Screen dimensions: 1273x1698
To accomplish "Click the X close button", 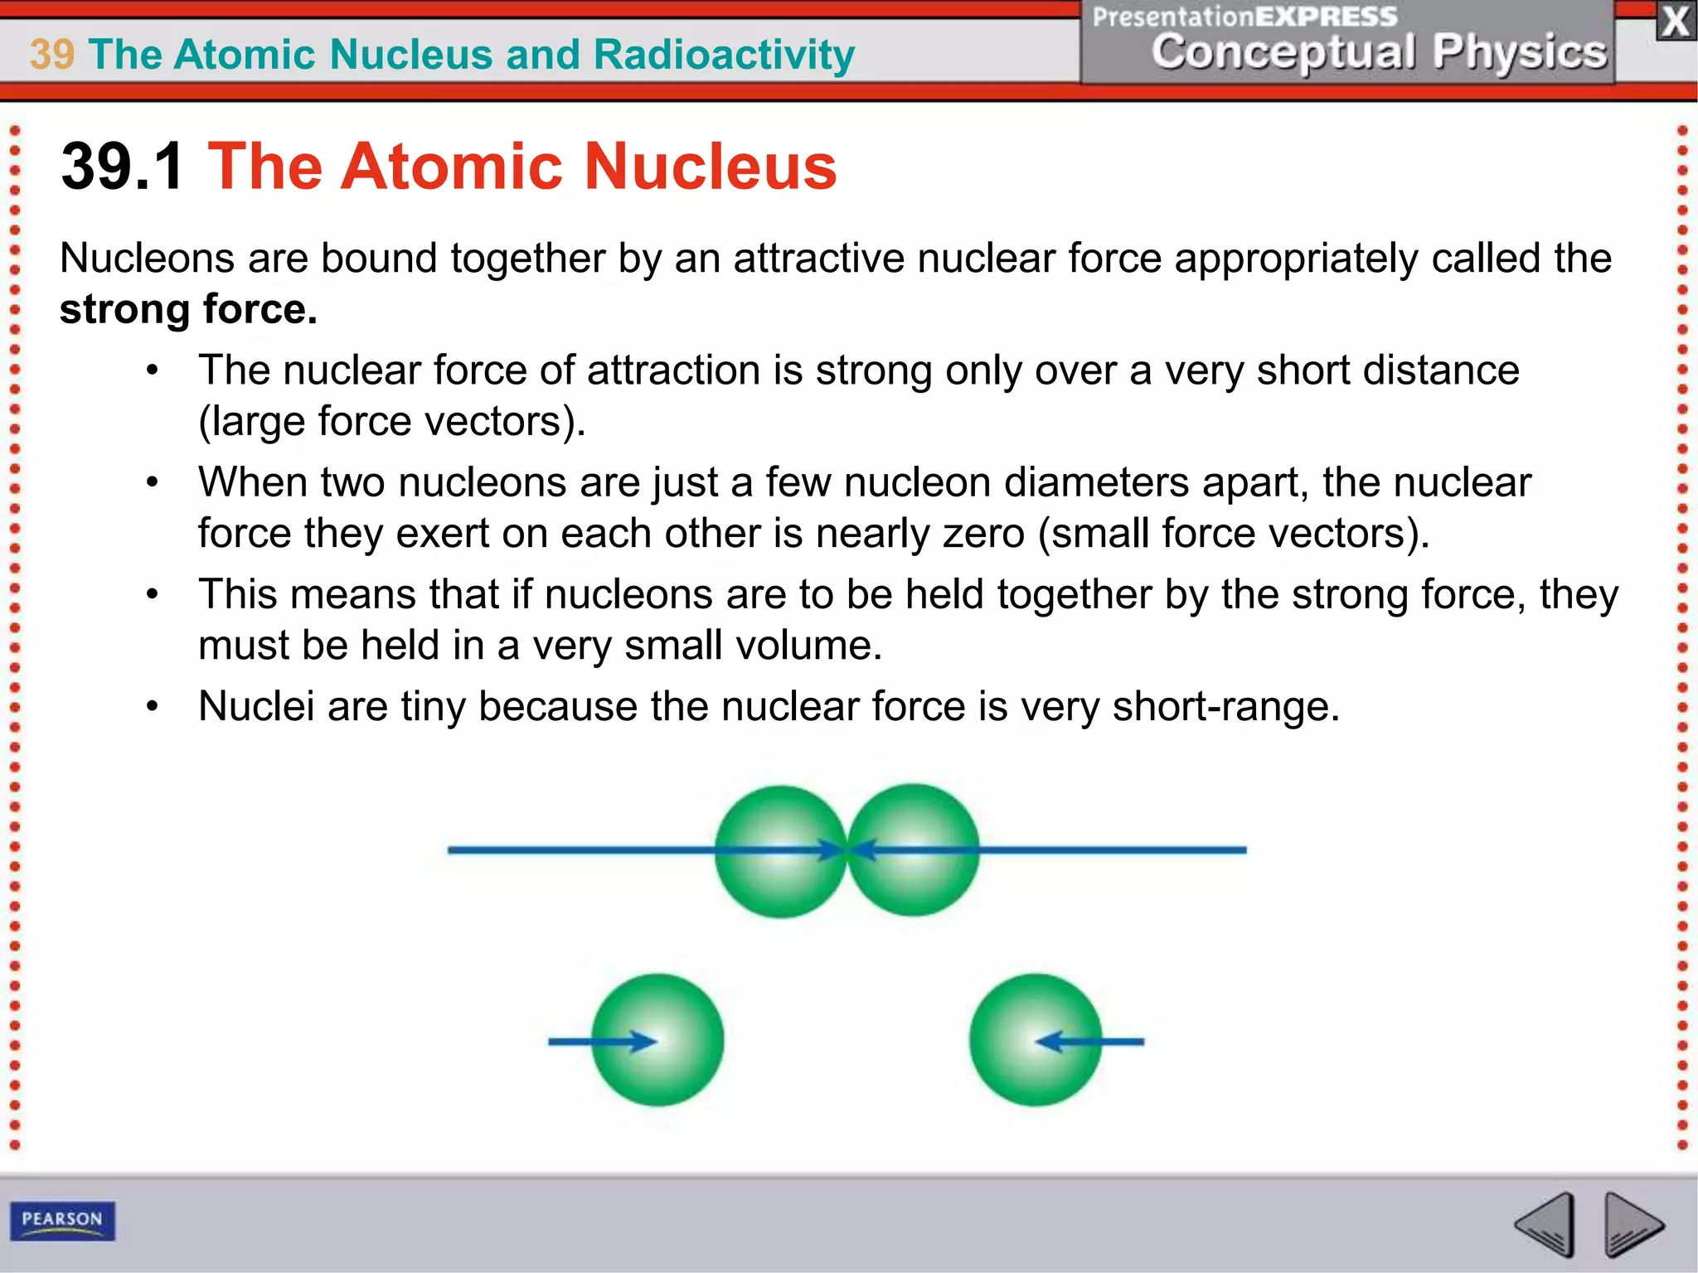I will click(1675, 22).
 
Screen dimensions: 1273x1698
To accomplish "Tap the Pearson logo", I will click(62, 1220).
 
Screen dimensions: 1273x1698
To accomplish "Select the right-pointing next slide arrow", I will click(1632, 1224).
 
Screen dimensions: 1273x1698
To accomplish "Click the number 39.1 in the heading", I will click(123, 167).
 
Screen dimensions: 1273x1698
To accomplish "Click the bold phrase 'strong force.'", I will click(188, 310).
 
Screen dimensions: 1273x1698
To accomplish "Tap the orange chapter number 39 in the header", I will click(51, 55).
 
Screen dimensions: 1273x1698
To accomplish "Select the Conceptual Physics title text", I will click(1378, 51).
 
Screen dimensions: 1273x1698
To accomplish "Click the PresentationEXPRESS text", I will click(1244, 17).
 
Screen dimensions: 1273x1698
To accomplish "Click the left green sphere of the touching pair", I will click(779, 851).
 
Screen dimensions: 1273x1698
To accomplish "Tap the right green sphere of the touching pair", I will click(914, 849).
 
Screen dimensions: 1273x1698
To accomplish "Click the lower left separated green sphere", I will click(657, 1039).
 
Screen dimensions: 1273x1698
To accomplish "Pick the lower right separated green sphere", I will click(1036, 1039).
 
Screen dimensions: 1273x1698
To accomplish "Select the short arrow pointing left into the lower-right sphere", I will click(1090, 1041).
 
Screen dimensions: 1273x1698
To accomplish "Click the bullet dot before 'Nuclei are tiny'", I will click(152, 707).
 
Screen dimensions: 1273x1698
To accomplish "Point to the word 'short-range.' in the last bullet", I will click(1225, 707).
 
